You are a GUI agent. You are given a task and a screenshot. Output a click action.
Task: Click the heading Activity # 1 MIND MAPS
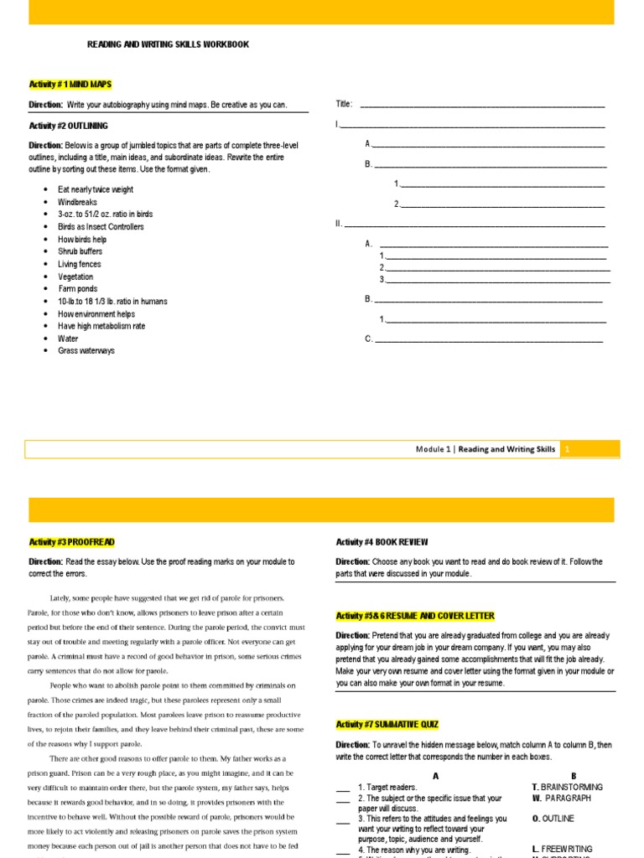(x=70, y=85)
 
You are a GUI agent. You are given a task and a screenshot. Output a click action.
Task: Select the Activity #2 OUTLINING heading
(x=68, y=126)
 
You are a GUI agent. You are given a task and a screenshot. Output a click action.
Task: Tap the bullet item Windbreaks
(x=77, y=202)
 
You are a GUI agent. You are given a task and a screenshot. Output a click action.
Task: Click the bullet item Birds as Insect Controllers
(x=101, y=227)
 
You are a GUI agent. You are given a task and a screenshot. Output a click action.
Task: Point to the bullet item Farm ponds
(x=78, y=289)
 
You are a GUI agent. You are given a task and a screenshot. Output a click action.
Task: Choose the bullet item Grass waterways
(x=86, y=351)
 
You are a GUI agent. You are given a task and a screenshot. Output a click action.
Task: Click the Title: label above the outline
(x=344, y=104)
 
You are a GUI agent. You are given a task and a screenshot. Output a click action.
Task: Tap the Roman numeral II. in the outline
(x=339, y=224)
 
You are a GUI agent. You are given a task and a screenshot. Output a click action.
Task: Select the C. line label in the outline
(x=368, y=339)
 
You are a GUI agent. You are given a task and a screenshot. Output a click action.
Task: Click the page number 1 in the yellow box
(x=568, y=449)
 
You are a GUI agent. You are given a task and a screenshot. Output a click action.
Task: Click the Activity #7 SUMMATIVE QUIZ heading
(x=387, y=724)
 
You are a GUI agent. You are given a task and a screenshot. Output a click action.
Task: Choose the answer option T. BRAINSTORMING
(x=567, y=788)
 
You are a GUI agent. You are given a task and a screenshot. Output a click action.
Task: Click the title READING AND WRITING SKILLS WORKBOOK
(x=168, y=44)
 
